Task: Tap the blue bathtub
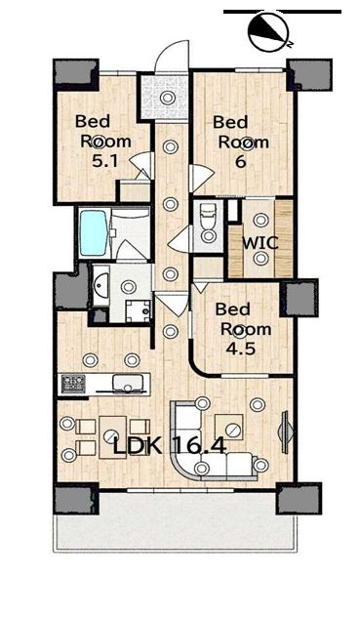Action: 94,232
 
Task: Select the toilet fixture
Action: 208,224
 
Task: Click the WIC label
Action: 260,243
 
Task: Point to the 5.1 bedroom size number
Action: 104,161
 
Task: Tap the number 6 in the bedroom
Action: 240,161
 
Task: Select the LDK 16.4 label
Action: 170,446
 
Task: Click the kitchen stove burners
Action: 73,384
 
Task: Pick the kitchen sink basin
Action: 127,383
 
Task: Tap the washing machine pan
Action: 139,311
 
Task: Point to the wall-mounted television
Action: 286,432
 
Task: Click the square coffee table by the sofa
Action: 228,427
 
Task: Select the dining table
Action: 112,436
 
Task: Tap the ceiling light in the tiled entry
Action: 167,98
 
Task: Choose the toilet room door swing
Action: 180,240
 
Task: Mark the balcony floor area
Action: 176,520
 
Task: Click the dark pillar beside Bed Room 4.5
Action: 300,299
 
